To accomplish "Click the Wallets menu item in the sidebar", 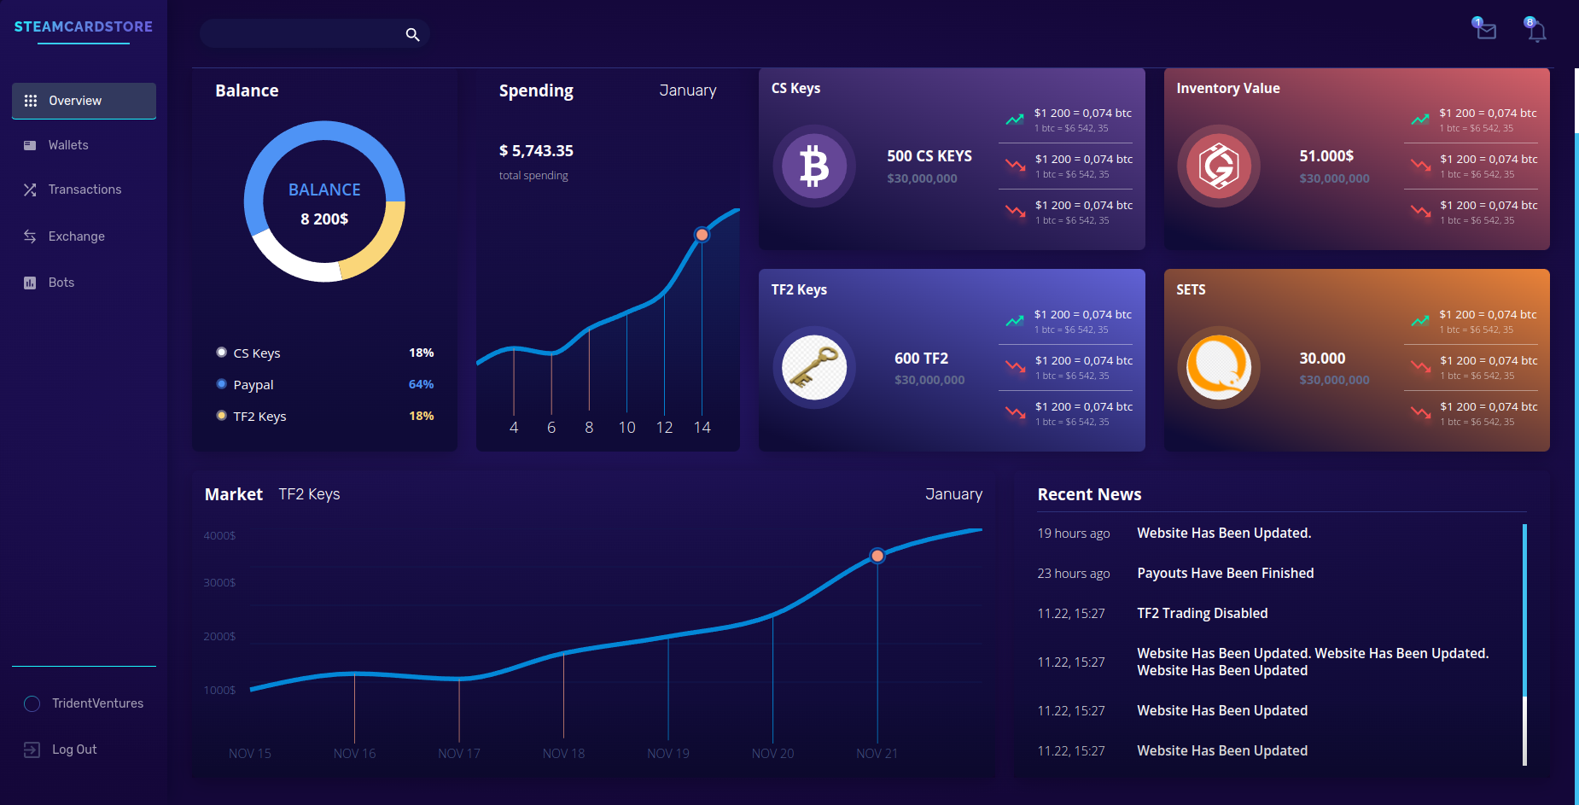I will [67, 145].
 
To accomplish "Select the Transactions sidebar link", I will [84, 190].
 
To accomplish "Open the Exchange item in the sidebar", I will [76, 236].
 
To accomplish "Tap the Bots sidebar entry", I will [61, 283].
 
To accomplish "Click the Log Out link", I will [73, 750].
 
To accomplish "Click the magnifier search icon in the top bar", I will [412, 35].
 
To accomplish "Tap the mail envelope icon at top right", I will [1486, 31].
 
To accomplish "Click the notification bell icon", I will [1536, 32].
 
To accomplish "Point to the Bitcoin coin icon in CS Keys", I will [814, 166].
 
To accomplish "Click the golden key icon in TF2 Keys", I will [814, 368].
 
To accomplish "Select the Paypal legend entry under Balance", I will [253, 385].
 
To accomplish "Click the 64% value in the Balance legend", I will [421, 385].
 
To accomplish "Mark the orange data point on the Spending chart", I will [702, 235].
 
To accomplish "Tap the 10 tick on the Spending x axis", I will [626, 428].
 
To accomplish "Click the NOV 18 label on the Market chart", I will [563, 754].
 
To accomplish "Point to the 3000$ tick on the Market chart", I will [219, 583].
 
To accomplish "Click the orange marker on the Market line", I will [877, 556].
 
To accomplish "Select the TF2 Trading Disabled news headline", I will [1202, 614].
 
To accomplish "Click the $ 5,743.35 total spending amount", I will [536, 151].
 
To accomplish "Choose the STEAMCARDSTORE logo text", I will [84, 26].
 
